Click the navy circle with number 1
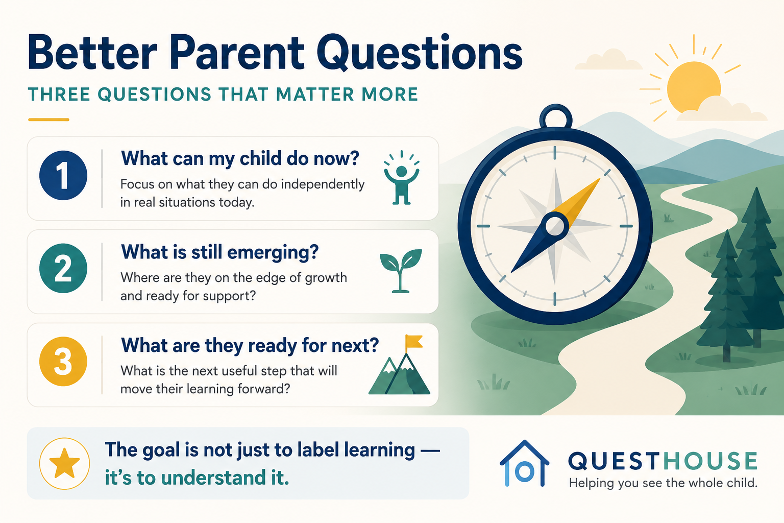(63, 176)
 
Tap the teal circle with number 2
(63, 268)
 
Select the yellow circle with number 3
(63, 362)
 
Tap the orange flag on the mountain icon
(414, 342)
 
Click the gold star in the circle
(64, 463)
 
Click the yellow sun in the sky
(694, 87)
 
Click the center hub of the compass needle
(555, 226)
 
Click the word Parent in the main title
(237, 53)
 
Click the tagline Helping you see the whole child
(663, 483)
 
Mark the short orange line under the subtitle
(48, 120)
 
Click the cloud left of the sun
(608, 60)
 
